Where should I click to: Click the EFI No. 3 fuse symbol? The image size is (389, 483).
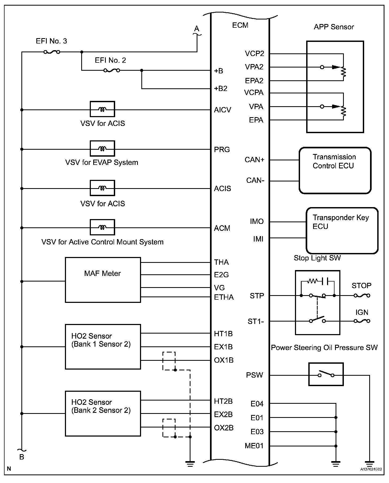(x=52, y=52)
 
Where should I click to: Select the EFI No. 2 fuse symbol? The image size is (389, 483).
(x=112, y=70)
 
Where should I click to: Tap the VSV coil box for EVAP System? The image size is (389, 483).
(x=102, y=148)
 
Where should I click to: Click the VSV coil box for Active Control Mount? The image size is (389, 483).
(x=102, y=227)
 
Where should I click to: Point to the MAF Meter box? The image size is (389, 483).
(x=103, y=280)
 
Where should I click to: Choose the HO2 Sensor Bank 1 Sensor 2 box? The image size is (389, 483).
(x=103, y=347)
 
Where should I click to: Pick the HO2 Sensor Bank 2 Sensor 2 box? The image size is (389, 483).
(x=103, y=413)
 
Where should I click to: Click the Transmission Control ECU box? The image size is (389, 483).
(x=335, y=170)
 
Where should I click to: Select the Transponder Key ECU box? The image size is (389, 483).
(x=342, y=230)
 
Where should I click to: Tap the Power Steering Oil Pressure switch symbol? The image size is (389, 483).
(x=326, y=374)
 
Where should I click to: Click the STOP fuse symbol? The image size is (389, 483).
(x=362, y=295)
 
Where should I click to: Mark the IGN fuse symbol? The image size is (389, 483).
(x=362, y=321)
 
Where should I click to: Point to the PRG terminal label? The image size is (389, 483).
(x=222, y=149)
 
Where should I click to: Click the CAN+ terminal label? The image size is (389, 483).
(x=254, y=160)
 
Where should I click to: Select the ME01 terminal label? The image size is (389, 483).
(x=254, y=446)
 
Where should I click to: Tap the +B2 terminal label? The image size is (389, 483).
(x=221, y=88)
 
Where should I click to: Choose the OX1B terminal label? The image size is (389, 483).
(x=224, y=360)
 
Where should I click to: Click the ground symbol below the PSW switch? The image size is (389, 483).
(x=370, y=464)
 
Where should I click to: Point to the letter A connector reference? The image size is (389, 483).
(x=197, y=29)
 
